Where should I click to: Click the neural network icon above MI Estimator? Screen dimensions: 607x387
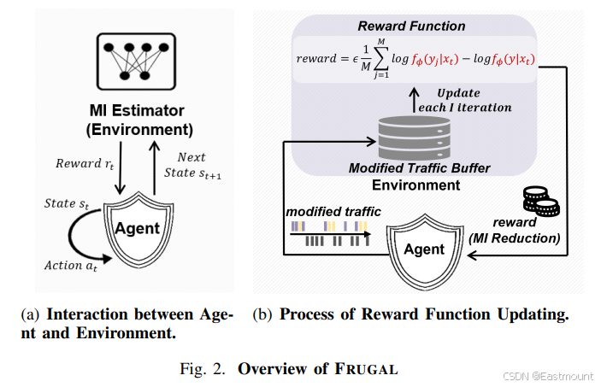136,62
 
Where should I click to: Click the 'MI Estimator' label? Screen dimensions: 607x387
137,111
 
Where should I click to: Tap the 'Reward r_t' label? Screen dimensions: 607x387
85,164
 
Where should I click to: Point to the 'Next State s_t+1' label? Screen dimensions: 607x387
192,165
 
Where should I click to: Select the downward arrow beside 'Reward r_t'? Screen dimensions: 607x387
121,168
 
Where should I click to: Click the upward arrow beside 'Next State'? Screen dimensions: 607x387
155,168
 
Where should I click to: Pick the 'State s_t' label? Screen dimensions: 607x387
67,203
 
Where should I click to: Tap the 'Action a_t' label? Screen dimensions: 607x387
71,266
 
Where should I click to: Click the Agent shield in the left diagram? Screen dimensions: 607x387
138,230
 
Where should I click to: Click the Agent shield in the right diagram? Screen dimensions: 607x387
425,251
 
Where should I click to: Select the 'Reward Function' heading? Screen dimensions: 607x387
411,26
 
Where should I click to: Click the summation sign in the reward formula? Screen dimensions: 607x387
381,59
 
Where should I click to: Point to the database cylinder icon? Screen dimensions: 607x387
415,138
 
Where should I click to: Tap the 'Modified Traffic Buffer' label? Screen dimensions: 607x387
419,168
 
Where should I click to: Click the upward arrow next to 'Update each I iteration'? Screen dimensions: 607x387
415,99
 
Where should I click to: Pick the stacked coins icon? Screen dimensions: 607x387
541,202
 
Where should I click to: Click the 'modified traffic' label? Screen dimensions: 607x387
333,212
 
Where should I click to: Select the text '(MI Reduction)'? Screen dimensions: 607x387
515,238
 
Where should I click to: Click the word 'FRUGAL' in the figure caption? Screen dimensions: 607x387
366,368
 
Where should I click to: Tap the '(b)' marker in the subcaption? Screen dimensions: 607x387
262,314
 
